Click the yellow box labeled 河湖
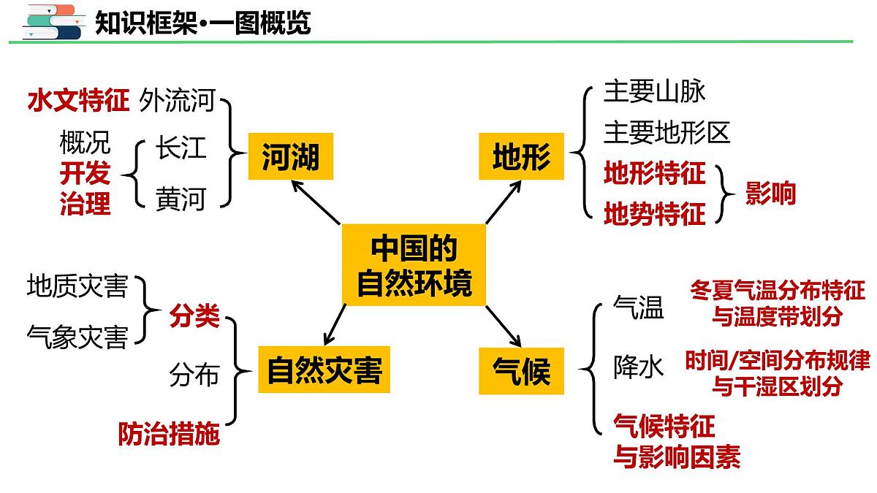click(x=290, y=156)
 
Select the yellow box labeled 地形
click(x=521, y=156)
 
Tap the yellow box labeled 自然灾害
click(x=324, y=370)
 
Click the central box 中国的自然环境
click(x=414, y=264)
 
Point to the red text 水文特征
click(x=78, y=100)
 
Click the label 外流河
click(x=177, y=100)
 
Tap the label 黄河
click(x=181, y=198)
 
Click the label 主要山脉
click(x=654, y=92)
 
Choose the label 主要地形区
click(x=667, y=133)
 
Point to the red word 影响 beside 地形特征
click(x=770, y=194)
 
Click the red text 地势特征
click(x=654, y=214)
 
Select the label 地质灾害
click(x=77, y=286)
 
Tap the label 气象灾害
click(x=77, y=337)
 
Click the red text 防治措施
click(x=169, y=435)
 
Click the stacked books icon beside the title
click(x=51, y=22)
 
